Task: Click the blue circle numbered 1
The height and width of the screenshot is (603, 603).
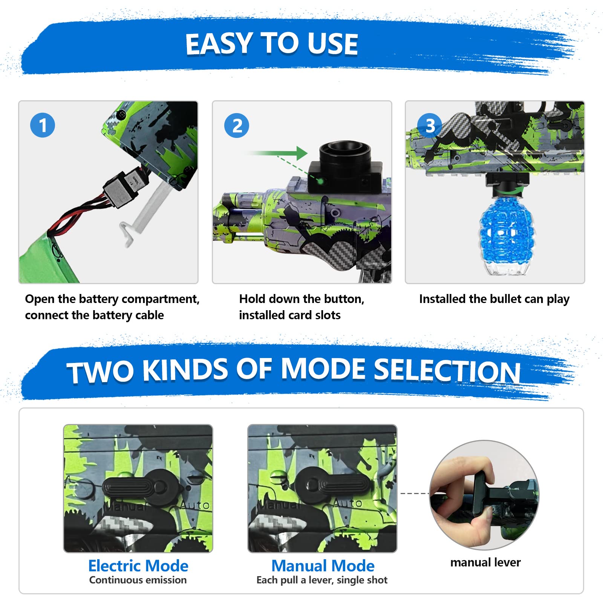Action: tap(43, 125)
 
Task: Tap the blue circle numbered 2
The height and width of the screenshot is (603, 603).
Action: tap(237, 125)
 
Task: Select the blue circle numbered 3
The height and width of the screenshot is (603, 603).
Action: tap(430, 125)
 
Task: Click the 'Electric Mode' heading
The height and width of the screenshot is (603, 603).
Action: tap(138, 566)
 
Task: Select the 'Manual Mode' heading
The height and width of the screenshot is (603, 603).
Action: tap(323, 566)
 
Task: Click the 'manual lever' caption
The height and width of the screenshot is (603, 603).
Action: tap(485, 562)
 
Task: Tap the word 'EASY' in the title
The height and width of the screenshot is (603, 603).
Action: tap(219, 44)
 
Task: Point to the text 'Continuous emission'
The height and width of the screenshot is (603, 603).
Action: tap(138, 580)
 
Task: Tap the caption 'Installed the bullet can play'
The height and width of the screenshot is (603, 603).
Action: tap(494, 299)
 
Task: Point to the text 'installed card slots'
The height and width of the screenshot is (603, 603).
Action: tap(289, 315)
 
